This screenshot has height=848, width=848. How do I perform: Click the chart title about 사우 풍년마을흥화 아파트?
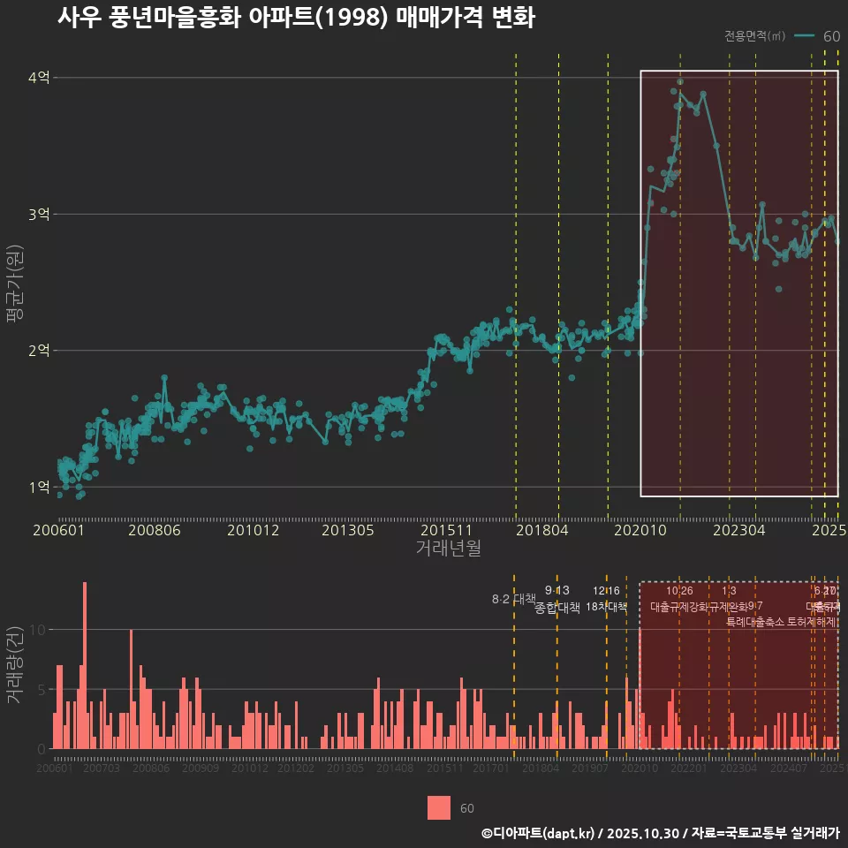(296, 18)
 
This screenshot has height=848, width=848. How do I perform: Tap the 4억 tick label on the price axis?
(39, 78)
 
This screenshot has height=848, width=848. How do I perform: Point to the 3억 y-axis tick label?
(39, 214)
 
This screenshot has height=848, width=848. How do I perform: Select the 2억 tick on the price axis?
(39, 351)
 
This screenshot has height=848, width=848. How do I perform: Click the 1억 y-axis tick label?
(39, 487)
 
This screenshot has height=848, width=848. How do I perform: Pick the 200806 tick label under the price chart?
(154, 530)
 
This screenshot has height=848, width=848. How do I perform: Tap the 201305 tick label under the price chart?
(347, 530)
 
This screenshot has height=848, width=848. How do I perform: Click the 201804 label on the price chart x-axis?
(541, 530)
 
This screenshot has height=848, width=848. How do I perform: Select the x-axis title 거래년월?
(448, 549)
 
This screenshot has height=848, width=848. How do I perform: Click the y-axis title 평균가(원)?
(14, 284)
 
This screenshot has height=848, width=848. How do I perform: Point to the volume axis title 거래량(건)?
(14, 665)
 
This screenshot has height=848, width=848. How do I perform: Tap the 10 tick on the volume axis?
(39, 630)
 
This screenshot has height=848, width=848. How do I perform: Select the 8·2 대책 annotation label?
(513, 599)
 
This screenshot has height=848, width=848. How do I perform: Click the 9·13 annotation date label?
(557, 590)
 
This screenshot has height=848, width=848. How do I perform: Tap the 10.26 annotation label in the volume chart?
(678, 590)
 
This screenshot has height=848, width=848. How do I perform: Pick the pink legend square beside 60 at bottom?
(439, 807)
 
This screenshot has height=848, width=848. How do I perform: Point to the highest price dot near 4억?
(680, 81)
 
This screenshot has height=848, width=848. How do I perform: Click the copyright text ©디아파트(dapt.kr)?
(539, 832)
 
